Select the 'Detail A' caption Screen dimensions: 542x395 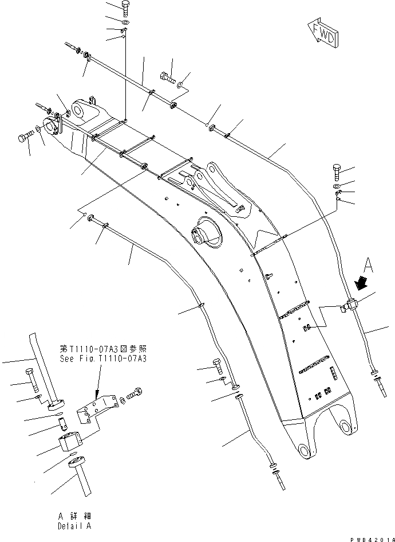click(x=74, y=526)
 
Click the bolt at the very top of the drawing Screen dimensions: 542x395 click(x=127, y=8)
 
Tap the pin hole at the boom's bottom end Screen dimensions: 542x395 click(x=345, y=426)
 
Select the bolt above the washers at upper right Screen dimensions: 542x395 click(x=337, y=172)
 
